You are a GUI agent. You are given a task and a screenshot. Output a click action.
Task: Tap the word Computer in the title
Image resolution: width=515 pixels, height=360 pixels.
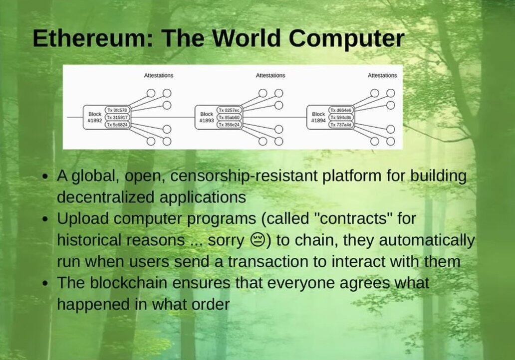(347, 39)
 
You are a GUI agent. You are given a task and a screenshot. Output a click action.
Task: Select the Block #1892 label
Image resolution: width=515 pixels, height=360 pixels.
(95, 117)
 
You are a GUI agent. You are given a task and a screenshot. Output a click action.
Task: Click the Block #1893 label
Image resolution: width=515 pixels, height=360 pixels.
(207, 117)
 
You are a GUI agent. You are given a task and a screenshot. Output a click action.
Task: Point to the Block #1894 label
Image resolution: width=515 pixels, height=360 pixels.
(318, 117)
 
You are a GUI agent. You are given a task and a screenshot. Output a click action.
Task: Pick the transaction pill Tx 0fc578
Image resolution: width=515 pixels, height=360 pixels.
(117, 110)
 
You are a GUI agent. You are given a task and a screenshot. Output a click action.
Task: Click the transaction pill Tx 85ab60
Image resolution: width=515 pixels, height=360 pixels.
(229, 117)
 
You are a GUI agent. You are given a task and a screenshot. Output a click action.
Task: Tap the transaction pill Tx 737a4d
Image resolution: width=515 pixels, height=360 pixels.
(341, 125)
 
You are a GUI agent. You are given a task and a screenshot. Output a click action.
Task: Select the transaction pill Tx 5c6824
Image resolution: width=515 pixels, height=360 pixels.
(117, 125)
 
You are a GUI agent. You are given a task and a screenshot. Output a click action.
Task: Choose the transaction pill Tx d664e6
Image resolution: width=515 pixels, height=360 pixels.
(341, 110)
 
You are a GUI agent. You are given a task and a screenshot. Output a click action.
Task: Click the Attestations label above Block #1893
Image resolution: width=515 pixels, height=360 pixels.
(270, 75)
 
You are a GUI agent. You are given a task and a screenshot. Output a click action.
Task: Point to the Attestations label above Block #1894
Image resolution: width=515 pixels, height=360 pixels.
(382, 75)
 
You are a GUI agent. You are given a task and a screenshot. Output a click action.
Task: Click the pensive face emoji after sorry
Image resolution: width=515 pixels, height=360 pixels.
(258, 240)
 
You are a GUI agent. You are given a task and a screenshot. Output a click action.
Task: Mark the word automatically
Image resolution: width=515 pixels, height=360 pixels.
(427, 240)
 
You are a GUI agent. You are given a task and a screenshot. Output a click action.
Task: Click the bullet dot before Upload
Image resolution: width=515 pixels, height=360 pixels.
(45, 219)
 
